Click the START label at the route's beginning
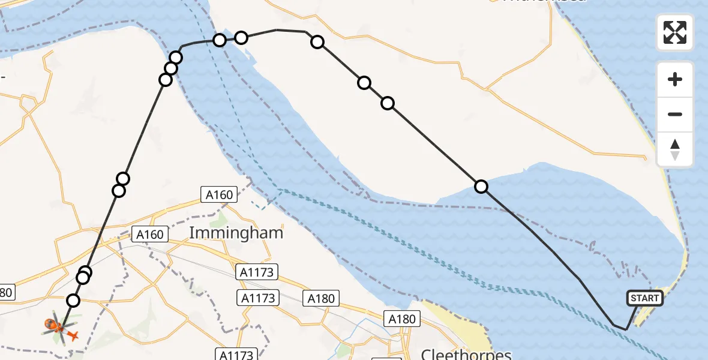[x=645, y=298]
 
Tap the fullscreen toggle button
[x=675, y=32]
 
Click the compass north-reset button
[x=675, y=150]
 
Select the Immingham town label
[x=236, y=233]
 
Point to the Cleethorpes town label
[x=466, y=354]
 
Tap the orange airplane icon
[x=72, y=335]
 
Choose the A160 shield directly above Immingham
[x=219, y=194]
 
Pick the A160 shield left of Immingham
[x=149, y=234]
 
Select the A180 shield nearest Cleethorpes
[x=401, y=319]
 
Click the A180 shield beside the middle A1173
[x=322, y=298]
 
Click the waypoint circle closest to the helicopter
[x=73, y=301]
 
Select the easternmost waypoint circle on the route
[x=481, y=187]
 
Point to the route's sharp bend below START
[x=626, y=329]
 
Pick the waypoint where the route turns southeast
[x=317, y=42]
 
